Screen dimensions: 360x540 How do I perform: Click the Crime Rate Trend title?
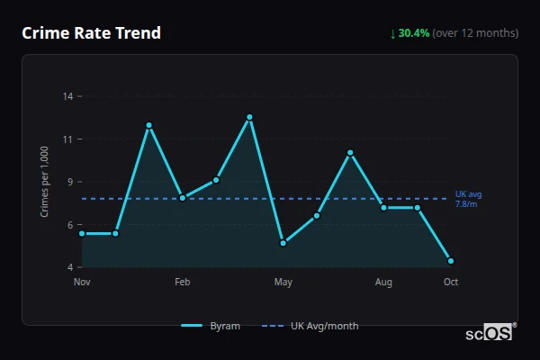coord(91,33)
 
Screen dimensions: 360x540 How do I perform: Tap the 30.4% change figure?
coord(414,33)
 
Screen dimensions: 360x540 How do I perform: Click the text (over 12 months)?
coord(475,33)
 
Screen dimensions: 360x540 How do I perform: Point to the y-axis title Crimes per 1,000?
coord(44,182)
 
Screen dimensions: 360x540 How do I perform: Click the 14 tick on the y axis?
coord(67,95)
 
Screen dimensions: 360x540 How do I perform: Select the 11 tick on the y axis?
coord(67,139)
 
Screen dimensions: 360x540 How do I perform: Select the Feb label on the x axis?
coord(183,283)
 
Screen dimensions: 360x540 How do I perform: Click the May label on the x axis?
coord(283,283)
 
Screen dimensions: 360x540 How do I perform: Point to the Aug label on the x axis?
coord(383,283)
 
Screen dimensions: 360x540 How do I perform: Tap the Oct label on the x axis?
coord(451,283)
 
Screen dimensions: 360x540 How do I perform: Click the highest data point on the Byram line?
coord(249,117)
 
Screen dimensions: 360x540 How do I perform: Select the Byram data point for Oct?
coord(451,261)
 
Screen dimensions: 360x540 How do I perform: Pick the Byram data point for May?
coord(283,243)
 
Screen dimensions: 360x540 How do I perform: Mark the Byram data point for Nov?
coord(82,233)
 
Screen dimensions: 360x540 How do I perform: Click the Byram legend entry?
coord(211,326)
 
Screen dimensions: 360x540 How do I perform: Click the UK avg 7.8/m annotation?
coord(469,199)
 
